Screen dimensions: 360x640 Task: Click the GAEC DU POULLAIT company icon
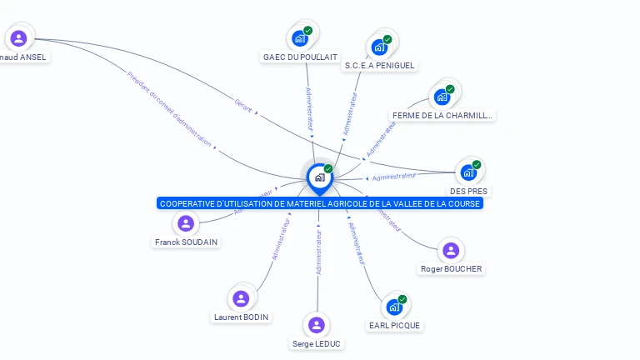pyautogui.click(x=300, y=38)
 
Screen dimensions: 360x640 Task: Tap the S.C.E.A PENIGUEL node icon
pyautogui.click(x=380, y=47)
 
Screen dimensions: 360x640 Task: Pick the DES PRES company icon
pyautogui.click(x=468, y=172)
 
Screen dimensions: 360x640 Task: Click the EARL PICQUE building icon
pyautogui.click(x=394, y=307)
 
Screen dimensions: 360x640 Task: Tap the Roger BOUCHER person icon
pyautogui.click(x=451, y=250)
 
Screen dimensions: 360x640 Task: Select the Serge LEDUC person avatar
pyautogui.click(x=316, y=325)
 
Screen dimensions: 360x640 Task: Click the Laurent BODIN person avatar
pyautogui.click(x=241, y=298)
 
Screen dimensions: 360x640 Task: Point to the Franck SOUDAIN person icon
pyautogui.click(x=186, y=223)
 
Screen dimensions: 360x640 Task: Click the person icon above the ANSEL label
pyautogui.click(x=18, y=38)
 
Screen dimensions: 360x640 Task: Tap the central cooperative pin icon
pyautogui.click(x=319, y=177)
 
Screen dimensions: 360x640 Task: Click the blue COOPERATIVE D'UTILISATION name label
pyautogui.click(x=320, y=203)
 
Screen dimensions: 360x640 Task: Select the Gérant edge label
pyautogui.click(x=243, y=107)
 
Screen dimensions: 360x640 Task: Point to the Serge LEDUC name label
pyautogui.click(x=316, y=343)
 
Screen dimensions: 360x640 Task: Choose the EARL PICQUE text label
pyautogui.click(x=394, y=326)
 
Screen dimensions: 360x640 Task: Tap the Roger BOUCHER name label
pyautogui.click(x=451, y=269)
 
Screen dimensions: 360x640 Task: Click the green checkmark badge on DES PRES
pyautogui.click(x=477, y=164)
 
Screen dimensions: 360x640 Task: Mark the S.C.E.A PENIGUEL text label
pyautogui.click(x=379, y=65)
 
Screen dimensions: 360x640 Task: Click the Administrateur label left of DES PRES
pyautogui.click(x=394, y=176)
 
